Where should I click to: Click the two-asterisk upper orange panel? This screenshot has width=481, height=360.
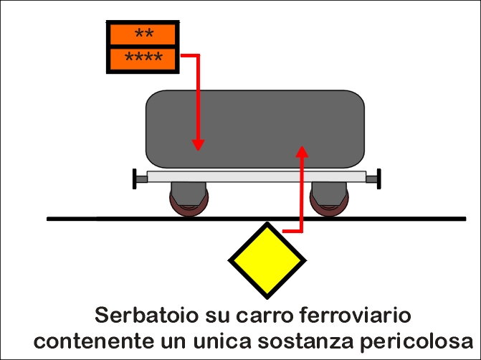pyautogui.click(x=143, y=34)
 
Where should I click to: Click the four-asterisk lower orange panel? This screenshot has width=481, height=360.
pyautogui.click(x=143, y=59)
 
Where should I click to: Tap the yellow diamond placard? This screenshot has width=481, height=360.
pyautogui.click(x=267, y=260)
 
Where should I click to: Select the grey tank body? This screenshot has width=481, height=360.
pyautogui.click(x=255, y=129)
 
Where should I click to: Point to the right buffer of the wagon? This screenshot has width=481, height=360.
pyautogui.click(x=373, y=179)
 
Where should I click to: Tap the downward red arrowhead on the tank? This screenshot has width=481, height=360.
pyautogui.click(x=198, y=145)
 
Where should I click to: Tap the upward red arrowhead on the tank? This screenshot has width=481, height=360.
pyautogui.click(x=303, y=151)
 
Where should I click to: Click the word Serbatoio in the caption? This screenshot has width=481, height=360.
pyautogui.click(x=146, y=316)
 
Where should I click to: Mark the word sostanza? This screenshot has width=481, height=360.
pyautogui.click(x=305, y=341)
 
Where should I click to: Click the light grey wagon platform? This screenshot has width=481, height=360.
pyautogui.click(x=257, y=176)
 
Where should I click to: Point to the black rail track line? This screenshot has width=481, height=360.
pyautogui.click(x=257, y=219)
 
